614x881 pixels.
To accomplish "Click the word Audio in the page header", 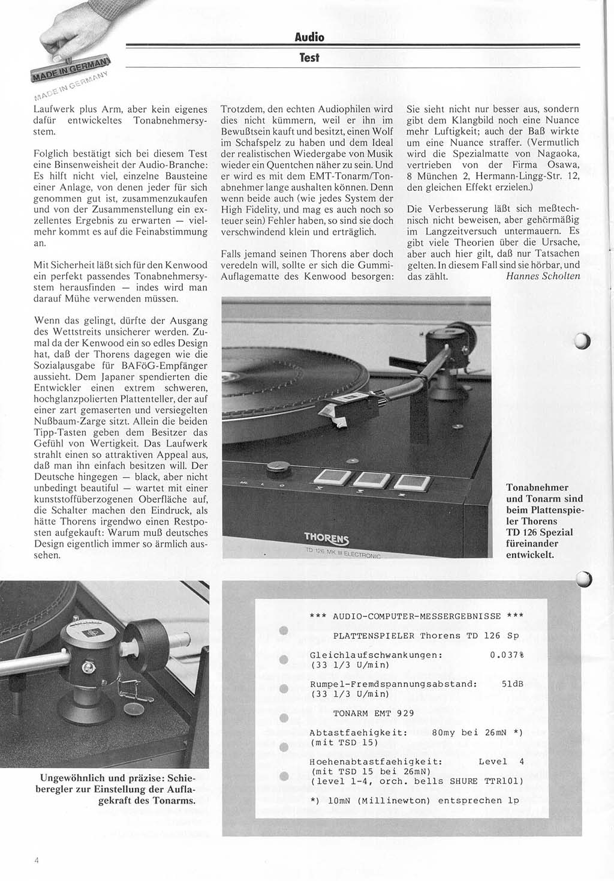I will click(x=309, y=37).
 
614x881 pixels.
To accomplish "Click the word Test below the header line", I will click(x=309, y=58).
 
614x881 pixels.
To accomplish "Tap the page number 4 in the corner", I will click(x=37, y=859).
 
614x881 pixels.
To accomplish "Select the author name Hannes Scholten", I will click(x=543, y=276).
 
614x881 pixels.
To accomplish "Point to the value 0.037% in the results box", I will click(x=504, y=655).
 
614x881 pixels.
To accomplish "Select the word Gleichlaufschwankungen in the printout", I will click(x=376, y=655).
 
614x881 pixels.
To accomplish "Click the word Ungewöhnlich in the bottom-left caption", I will click(x=67, y=778).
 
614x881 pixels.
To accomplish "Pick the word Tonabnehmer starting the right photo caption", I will click(x=537, y=487).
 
